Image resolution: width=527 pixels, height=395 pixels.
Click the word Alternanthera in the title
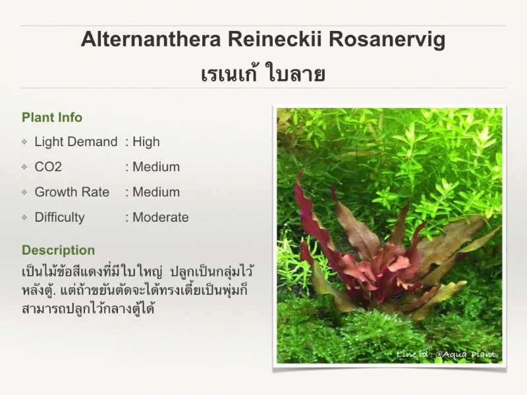click(x=151, y=39)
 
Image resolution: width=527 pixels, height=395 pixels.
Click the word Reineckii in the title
click(x=275, y=39)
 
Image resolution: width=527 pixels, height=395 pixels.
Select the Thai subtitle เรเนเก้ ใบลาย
click(x=263, y=74)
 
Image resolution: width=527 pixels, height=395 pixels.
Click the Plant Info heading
click(x=52, y=118)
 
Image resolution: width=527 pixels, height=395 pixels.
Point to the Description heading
click(x=59, y=250)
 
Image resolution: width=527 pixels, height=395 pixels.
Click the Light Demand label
click(x=76, y=142)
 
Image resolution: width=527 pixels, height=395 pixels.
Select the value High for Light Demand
click(x=146, y=142)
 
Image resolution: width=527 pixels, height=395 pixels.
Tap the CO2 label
click(x=48, y=167)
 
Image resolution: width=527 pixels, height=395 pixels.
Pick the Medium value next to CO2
click(x=156, y=167)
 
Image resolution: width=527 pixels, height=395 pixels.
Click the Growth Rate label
click(x=72, y=192)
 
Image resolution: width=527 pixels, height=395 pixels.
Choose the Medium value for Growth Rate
click(x=156, y=192)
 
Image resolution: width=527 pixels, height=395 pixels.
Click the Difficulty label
click(x=59, y=217)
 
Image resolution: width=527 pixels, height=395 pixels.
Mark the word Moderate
click(x=161, y=217)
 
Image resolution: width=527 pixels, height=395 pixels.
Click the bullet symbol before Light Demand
click(x=24, y=142)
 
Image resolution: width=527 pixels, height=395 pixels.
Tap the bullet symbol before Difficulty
click(x=24, y=218)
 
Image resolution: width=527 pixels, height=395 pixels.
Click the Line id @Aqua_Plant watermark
click(x=446, y=354)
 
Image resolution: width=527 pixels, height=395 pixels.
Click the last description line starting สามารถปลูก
click(x=88, y=308)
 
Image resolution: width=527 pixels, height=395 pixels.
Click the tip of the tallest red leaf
click(x=304, y=170)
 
